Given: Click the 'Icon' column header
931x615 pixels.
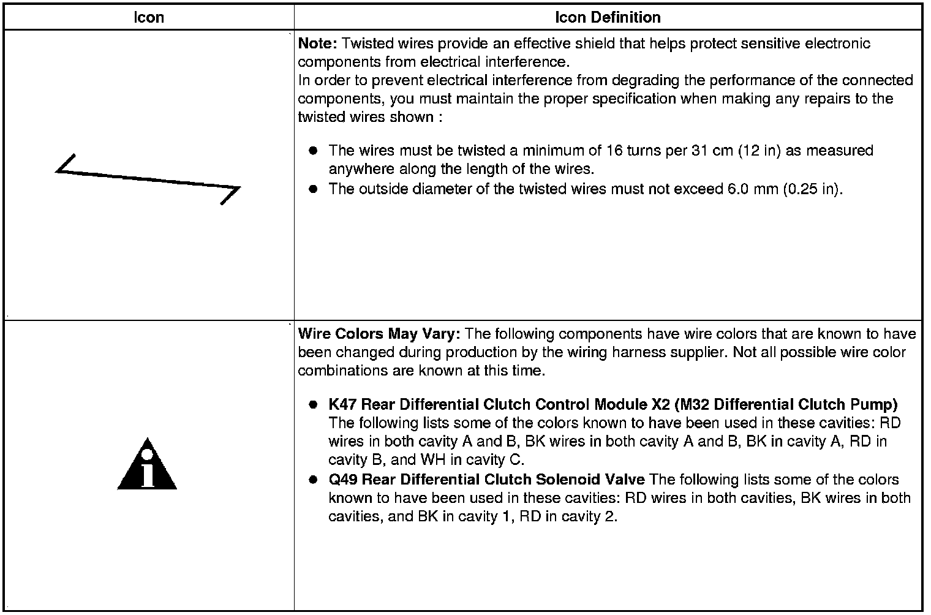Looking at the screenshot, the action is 149,17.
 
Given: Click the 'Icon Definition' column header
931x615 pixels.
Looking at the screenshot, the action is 608,17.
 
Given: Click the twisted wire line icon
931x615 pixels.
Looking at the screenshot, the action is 148,179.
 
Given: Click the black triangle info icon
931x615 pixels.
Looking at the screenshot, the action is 147,466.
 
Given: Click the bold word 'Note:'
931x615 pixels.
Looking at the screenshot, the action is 317,43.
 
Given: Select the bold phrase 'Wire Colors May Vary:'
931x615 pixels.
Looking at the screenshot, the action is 380,334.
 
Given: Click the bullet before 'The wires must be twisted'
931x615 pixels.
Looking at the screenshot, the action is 314,151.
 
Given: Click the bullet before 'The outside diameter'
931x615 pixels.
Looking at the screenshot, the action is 314,189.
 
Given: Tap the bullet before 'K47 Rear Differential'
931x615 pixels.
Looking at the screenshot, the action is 314,404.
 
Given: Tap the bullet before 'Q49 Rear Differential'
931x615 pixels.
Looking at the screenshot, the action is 314,480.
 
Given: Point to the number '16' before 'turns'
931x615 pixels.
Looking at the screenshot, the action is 614,151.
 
